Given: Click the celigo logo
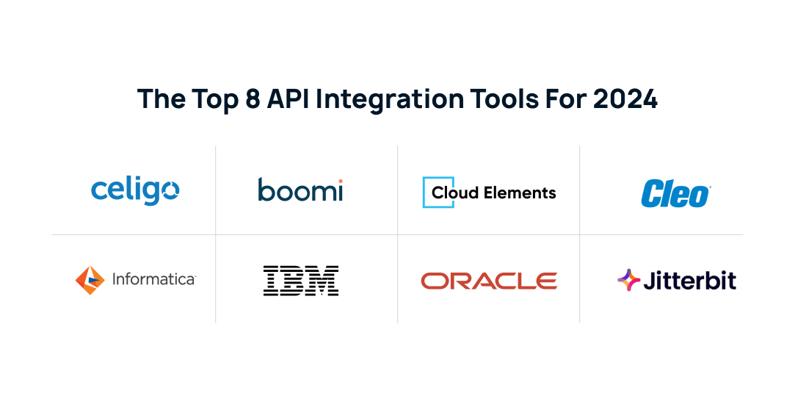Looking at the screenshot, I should tap(135, 190).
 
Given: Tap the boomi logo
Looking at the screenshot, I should tap(300, 190).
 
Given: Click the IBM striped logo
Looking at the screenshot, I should tap(301, 281).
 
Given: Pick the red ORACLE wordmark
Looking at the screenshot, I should tap(489, 281).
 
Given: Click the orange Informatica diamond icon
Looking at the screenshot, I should tap(90, 280).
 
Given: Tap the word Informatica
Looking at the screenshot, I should tap(153, 279).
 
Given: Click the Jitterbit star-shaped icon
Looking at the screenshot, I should tap(628, 280).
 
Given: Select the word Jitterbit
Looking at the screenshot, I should tap(689, 281).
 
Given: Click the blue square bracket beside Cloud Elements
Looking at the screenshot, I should tap(428, 193).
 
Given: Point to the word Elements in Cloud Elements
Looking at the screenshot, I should tap(523, 193).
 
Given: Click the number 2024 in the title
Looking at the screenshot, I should tap(625, 99).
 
